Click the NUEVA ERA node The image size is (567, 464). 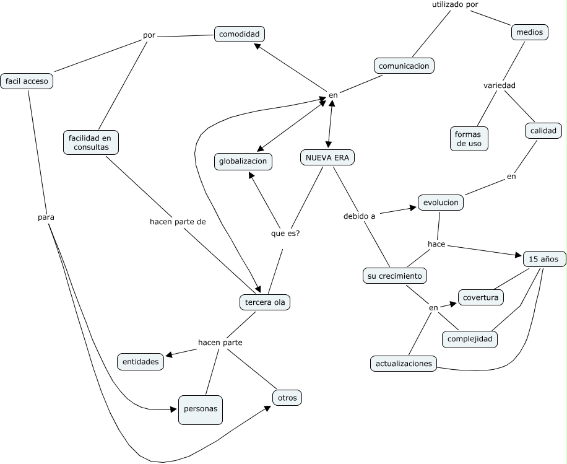327,157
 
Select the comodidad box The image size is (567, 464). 239,34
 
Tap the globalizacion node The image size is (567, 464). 244,162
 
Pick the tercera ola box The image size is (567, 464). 265,302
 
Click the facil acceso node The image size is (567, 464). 27,81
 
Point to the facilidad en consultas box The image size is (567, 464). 91,142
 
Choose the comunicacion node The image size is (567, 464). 404,66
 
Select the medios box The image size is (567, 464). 530,32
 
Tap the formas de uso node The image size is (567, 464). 468,139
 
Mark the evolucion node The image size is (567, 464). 441,202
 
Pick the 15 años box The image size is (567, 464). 543,259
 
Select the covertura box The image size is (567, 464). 480,297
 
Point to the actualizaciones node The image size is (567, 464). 403,364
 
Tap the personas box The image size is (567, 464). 200,409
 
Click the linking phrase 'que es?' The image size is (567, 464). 285,234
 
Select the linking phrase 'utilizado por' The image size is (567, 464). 454,5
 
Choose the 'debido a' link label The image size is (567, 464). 359,216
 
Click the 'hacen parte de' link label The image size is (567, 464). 178,221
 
